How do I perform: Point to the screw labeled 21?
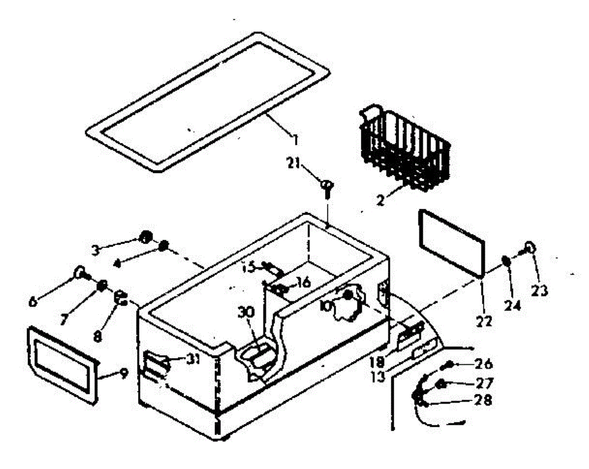(x=326, y=187)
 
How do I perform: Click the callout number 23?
(x=541, y=291)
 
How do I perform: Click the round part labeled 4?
(x=164, y=245)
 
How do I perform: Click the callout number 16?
(x=303, y=282)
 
